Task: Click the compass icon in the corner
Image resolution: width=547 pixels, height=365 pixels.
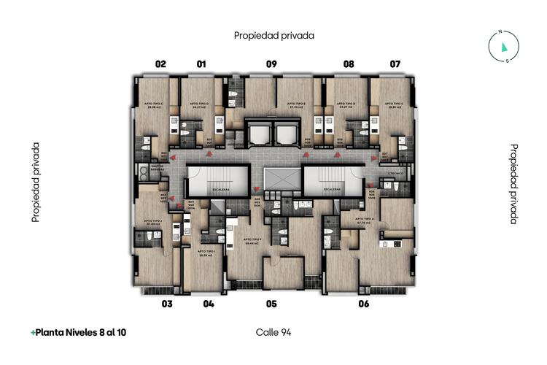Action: (x=503, y=46)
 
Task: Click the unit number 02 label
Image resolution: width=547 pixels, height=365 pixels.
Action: (x=160, y=64)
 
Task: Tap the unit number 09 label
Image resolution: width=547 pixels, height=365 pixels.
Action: (x=271, y=64)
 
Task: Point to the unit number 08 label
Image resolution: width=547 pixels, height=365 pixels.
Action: (x=349, y=64)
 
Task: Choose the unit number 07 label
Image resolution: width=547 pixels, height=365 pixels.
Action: (x=395, y=64)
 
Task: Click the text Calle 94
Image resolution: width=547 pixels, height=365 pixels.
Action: (x=273, y=332)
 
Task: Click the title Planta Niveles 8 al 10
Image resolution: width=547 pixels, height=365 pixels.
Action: (x=78, y=332)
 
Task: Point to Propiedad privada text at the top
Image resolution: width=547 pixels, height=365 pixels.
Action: (x=273, y=34)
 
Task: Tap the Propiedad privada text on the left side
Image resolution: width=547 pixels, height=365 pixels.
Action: (x=35, y=182)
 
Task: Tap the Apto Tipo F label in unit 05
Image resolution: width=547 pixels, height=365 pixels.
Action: (x=253, y=242)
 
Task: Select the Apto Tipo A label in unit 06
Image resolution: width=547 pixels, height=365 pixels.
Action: (x=362, y=218)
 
